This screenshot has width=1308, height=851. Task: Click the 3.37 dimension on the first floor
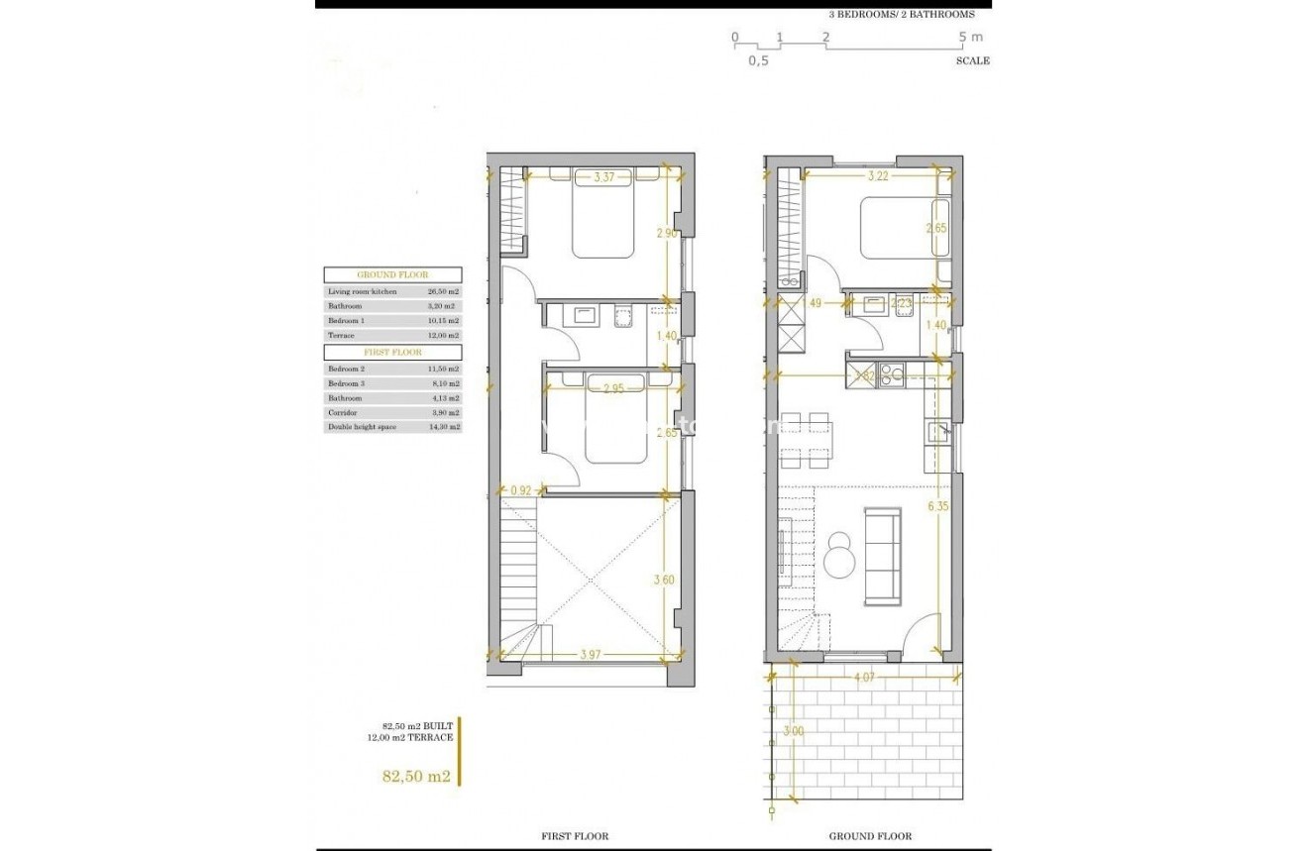click(603, 178)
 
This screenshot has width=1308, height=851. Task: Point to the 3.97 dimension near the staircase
click(592, 656)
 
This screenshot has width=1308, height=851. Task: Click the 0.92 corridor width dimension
click(521, 488)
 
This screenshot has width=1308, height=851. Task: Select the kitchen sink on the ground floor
click(937, 432)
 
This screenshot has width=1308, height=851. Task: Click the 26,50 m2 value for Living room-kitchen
click(439, 292)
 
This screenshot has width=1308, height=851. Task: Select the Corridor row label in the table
click(346, 412)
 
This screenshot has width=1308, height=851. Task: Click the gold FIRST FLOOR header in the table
click(392, 352)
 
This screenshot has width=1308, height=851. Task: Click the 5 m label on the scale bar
click(970, 38)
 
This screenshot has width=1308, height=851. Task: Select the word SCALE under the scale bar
click(972, 60)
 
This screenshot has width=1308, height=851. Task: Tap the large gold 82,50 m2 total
click(416, 777)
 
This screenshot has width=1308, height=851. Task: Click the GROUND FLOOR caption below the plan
click(870, 836)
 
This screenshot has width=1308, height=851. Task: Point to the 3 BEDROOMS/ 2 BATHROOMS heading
click(902, 15)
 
